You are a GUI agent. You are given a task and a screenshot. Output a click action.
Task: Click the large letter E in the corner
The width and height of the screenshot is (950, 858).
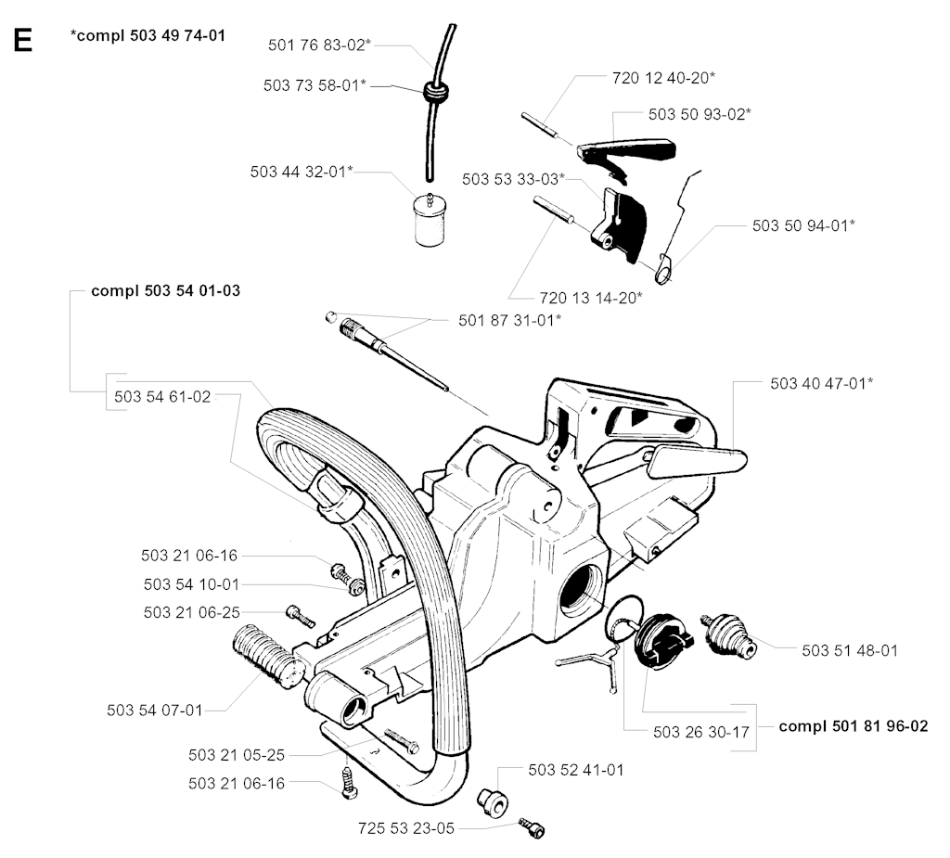[x=22, y=41]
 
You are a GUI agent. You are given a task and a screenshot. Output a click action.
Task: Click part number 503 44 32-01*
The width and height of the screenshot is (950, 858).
[x=302, y=172]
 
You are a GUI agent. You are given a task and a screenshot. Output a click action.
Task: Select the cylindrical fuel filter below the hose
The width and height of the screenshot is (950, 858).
[x=428, y=219]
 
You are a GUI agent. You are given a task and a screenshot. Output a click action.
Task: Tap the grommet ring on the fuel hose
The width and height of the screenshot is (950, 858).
[x=431, y=92]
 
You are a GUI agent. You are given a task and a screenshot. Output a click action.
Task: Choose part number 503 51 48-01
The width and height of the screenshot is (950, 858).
[x=850, y=650]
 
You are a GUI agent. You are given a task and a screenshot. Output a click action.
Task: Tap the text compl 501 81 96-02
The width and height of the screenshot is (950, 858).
[x=854, y=726]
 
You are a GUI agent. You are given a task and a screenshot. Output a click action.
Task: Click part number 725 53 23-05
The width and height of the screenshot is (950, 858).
[x=406, y=826]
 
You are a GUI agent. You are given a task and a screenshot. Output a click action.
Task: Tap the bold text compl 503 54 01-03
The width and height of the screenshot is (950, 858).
[x=166, y=290]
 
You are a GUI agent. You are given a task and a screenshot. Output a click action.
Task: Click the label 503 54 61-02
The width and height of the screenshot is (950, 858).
[x=163, y=396]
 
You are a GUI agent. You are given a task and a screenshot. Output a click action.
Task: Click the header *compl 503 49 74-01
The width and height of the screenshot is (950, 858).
[x=148, y=36]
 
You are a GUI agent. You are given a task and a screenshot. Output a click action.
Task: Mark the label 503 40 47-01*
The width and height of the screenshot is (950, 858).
[x=821, y=381]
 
